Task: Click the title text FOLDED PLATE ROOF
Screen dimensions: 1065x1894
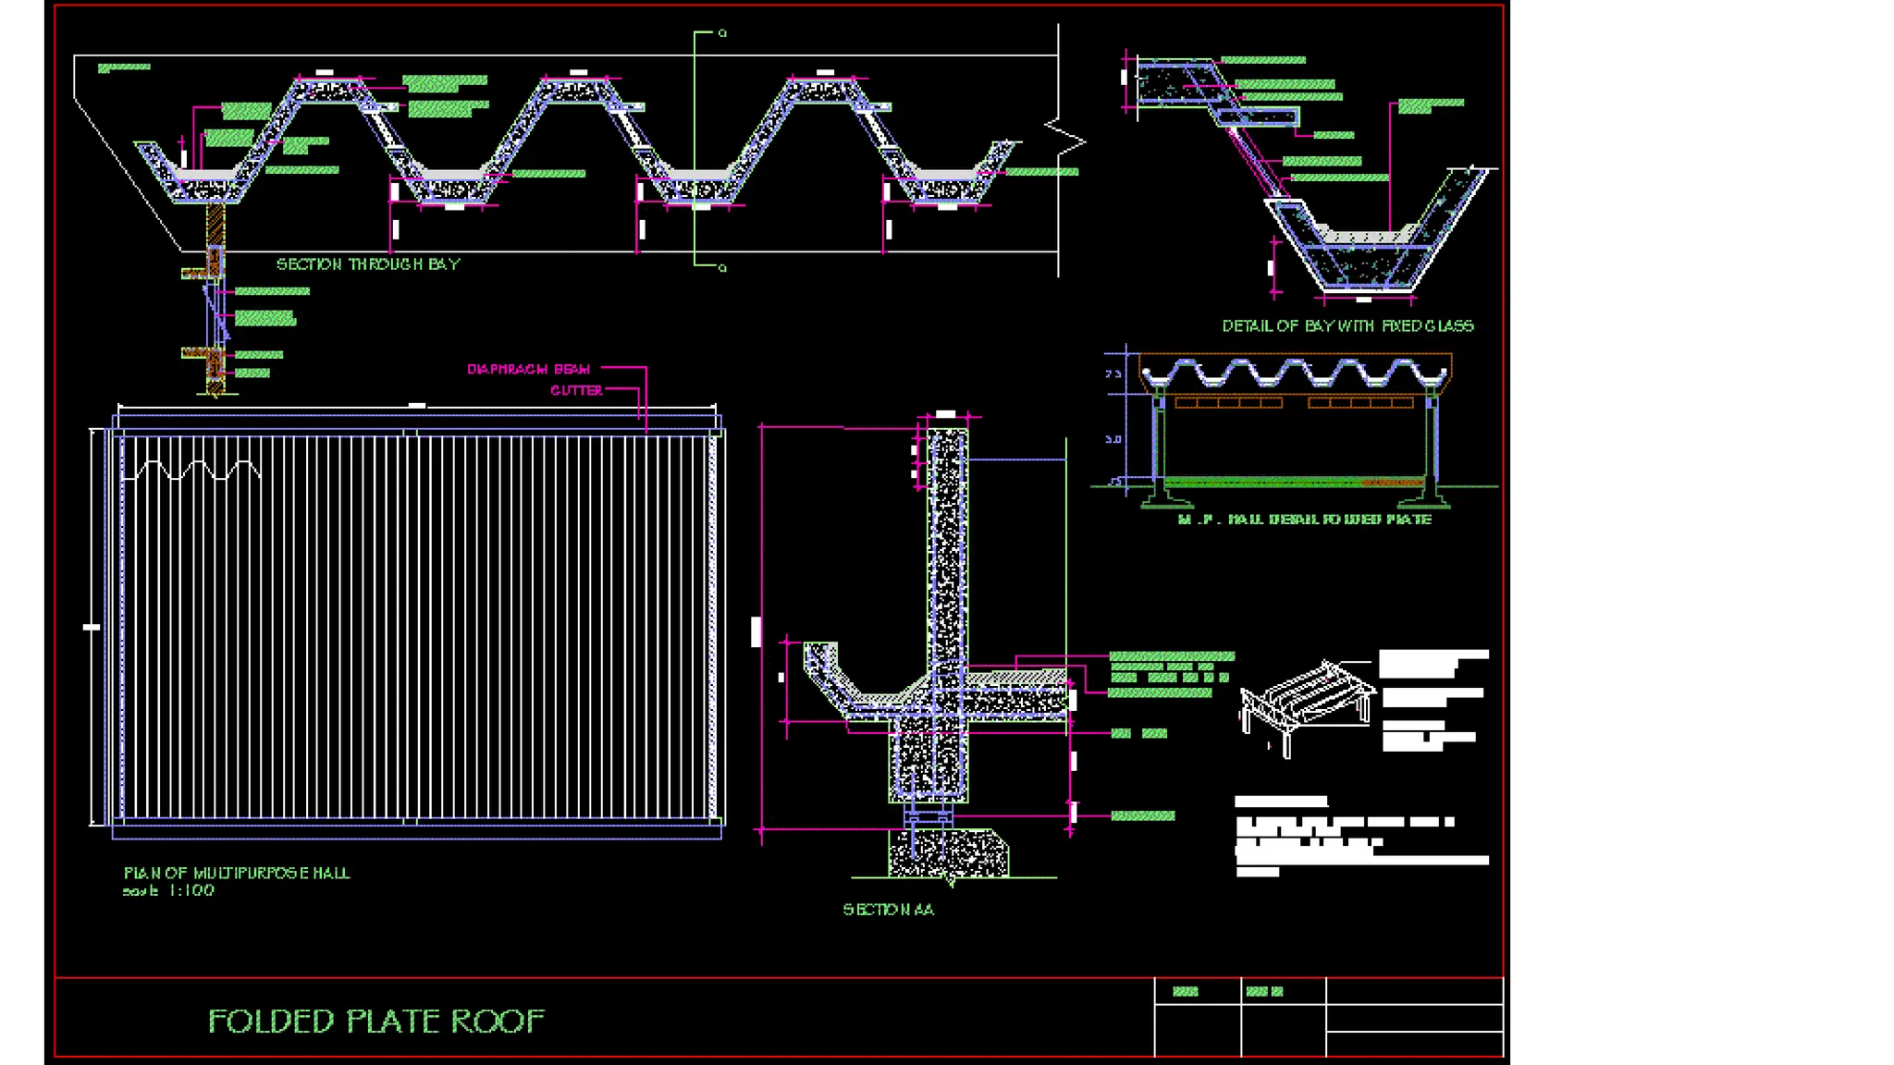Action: (x=375, y=1021)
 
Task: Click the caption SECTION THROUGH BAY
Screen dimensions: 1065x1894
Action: (x=368, y=264)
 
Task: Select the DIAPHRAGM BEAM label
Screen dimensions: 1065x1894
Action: (x=528, y=369)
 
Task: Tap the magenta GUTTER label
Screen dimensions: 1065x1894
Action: (x=576, y=390)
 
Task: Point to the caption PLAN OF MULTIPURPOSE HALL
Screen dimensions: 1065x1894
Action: (x=237, y=873)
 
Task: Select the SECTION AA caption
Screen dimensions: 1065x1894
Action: (x=888, y=910)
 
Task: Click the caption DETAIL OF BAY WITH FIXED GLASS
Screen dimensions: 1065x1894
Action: (x=1347, y=325)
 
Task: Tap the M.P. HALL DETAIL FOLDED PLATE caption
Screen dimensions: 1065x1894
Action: (x=1304, y=520)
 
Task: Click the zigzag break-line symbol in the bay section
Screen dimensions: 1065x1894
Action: (x=1066, y=139)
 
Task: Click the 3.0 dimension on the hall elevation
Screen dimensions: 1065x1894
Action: (x=1113, y=439)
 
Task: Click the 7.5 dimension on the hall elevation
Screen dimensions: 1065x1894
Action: (x=1113, y=374)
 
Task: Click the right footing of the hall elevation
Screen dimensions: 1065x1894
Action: (x=1425, y=498)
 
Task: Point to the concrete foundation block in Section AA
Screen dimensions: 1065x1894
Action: (x=948, y=852)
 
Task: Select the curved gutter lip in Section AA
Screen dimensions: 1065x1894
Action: (x=820, y=661)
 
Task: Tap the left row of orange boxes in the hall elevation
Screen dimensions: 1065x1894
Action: (x=1228, y=403)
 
